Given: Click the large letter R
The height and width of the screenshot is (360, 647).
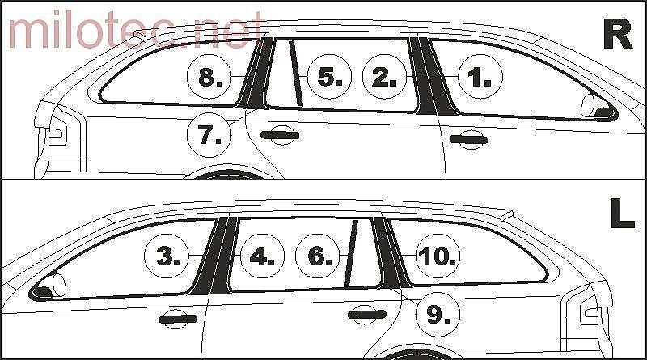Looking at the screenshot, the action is coord(618,34).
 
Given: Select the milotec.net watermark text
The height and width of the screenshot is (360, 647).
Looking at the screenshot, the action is coord(135,29).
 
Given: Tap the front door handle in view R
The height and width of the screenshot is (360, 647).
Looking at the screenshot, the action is coord(469,139).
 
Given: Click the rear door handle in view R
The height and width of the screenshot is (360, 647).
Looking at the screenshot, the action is coord(280,135).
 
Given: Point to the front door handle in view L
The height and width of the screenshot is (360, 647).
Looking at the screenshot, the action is coord(178,319).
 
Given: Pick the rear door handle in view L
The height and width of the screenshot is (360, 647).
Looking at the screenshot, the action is coord(367,315).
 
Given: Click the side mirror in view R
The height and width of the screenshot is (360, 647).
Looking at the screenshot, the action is coord(595,107).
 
